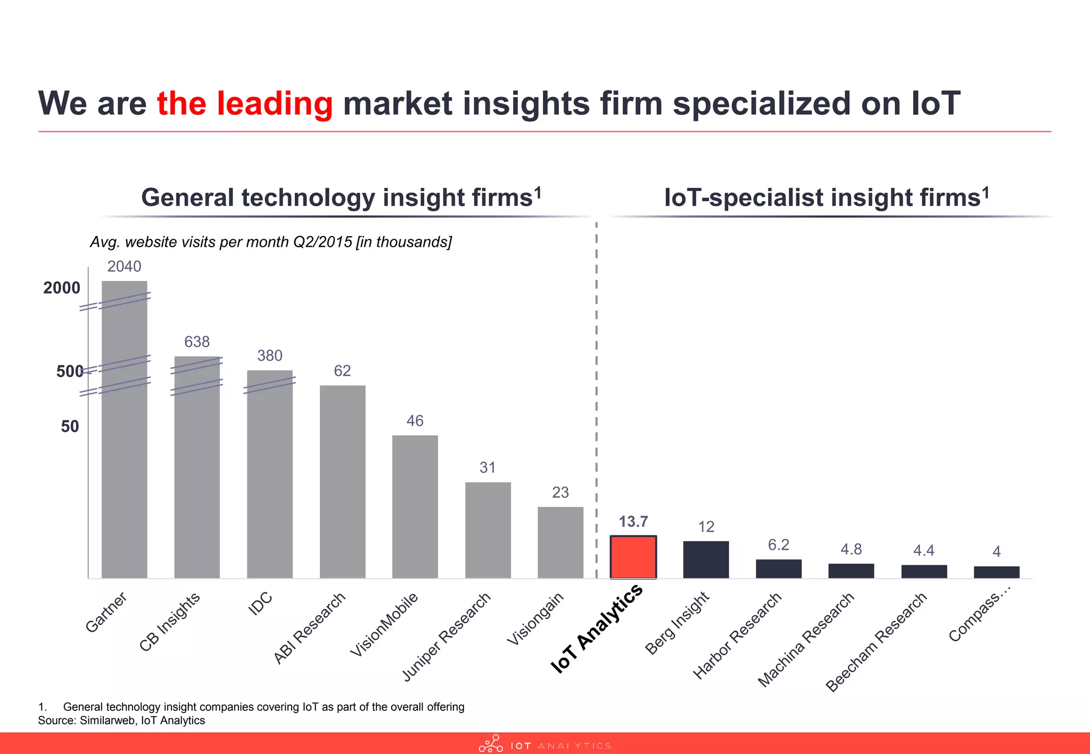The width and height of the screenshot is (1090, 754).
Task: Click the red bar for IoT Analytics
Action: point(633,557)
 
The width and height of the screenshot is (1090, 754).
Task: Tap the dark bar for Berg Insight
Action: point(706,559)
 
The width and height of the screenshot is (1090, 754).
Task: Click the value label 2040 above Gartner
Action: point(124,266)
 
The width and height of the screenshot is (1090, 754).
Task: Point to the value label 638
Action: point(197,342)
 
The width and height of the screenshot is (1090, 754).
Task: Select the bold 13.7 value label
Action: point(633,522)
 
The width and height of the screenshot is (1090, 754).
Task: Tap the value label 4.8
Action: point(851,549)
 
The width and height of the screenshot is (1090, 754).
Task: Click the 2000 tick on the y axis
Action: point(62,288)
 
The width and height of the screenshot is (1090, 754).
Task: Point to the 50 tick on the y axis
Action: point(70,426)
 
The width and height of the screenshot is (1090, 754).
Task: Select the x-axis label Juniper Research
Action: point(446,637)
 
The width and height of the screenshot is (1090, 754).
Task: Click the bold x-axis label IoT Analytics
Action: point(596,629)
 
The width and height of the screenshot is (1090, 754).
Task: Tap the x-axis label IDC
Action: point(260,604)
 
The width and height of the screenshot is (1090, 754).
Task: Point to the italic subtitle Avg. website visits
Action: point(270,242)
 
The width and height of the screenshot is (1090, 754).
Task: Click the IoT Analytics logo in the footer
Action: point(544,744)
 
